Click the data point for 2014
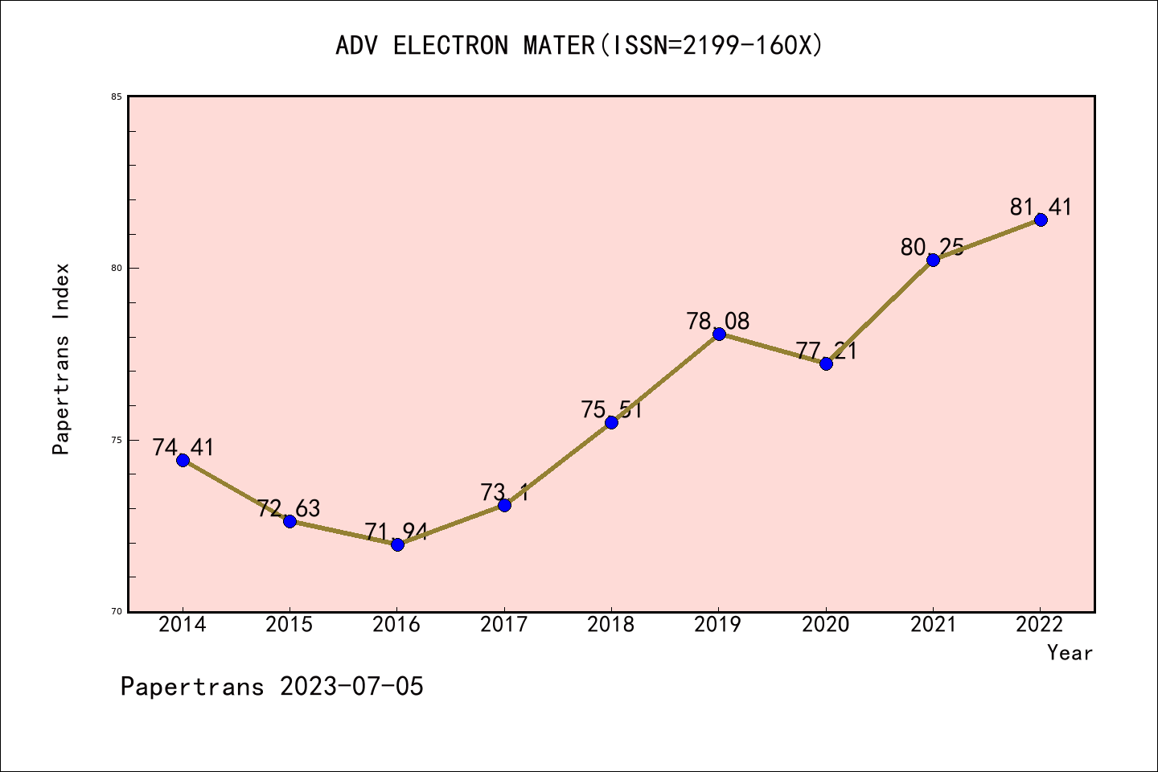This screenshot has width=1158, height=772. click(x=183, y=460)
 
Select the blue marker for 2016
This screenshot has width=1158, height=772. click(x=397, y=544)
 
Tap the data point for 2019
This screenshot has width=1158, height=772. click(x=719, y=334)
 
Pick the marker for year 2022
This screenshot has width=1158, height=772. click(x=1041, y=220)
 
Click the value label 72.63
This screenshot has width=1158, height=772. click(x=289, y=508)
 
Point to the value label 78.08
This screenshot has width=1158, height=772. click(x=718, y=322)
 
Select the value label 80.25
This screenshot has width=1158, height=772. click(x=932, y=248)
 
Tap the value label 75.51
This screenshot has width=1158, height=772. click(x=611, y=410)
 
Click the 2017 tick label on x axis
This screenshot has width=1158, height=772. click(x=504, y=625)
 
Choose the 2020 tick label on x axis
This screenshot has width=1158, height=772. click(x=826, y=625)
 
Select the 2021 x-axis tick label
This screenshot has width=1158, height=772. click(x=933, y=625)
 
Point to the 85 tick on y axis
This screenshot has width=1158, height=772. click(x=117, y=96)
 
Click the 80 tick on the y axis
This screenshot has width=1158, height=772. click(x=117, y=268)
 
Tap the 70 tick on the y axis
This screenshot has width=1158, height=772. click(x=117, y=611)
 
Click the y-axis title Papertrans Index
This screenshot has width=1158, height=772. click(x=62, y=359)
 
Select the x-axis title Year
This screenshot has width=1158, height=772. click(x=1070, y=653)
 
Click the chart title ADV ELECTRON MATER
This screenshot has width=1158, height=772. click(x=579, y=46)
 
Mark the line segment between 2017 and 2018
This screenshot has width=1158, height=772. click(x=558, y=464)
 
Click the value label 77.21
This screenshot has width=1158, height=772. click(x=826, y=351)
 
